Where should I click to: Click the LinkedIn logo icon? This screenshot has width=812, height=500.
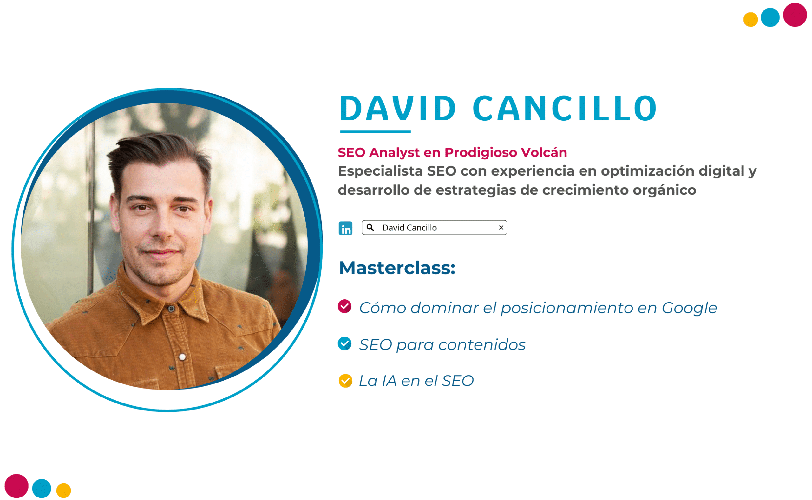[x=345, y=228]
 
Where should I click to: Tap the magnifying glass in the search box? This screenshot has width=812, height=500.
[x=370, y=228]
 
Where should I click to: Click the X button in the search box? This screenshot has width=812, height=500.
[x=501, y=228]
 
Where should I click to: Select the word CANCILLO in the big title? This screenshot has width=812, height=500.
[x=565, y=108]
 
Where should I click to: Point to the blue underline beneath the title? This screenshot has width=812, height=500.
[x=375, y=132]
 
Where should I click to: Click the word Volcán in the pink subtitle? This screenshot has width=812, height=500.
[x=544, y=152]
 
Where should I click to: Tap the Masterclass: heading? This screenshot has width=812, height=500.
[x=397, y=268]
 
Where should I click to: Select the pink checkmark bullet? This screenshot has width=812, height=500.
[x=344, y=306]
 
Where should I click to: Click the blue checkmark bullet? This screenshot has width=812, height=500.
[x=344, y=343]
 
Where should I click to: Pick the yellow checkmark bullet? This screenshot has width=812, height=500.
[x=345, y=381]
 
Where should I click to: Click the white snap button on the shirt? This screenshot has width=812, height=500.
[x=182, y=357]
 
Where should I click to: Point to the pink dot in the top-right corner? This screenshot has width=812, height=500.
[x=795, y=15]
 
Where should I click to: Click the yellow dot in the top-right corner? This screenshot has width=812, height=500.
[x=750, y=19]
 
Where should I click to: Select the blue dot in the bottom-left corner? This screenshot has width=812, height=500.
[x=42, y=488]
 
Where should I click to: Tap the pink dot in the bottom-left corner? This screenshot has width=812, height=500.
[x=16, y=486]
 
